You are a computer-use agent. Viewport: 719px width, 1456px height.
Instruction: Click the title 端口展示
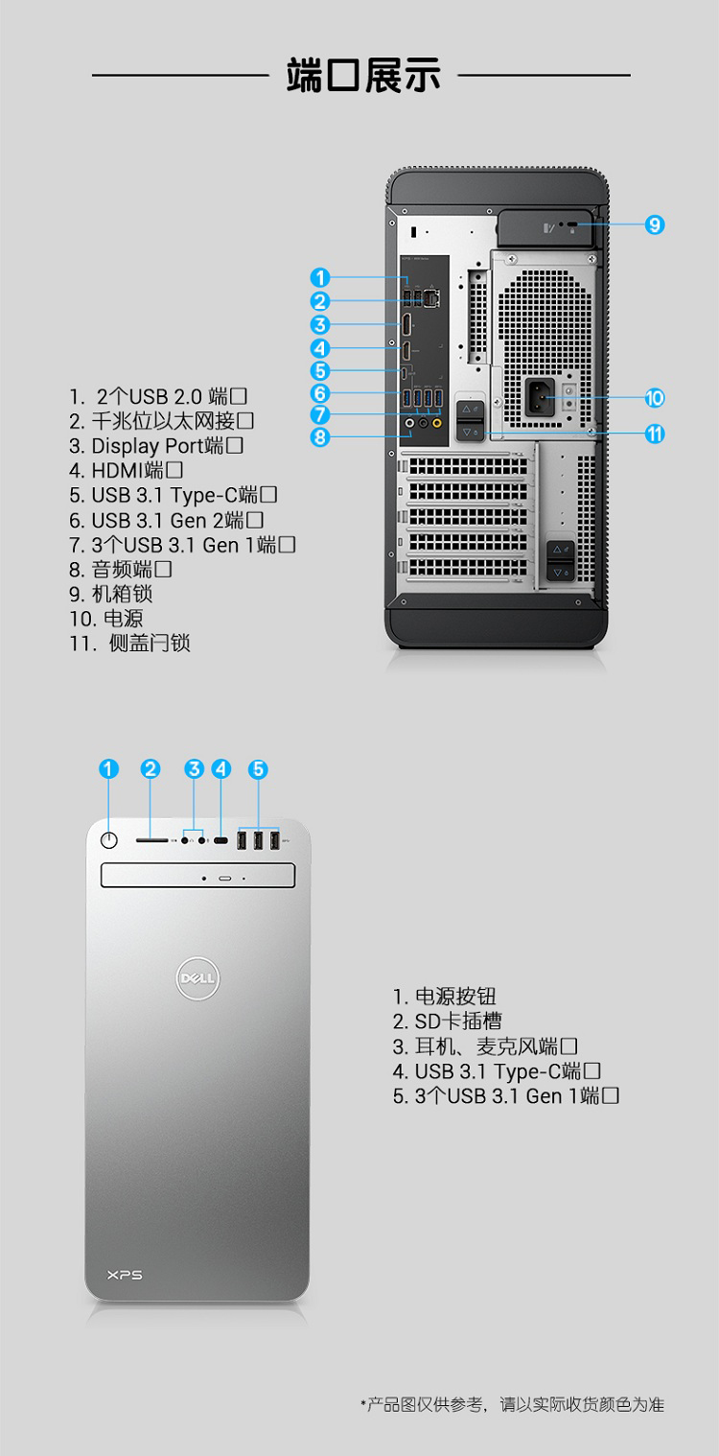pyautogui.click(x=363, y=76)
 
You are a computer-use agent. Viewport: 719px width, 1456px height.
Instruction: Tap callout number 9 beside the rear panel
pyautogui.click(x=655, y=224)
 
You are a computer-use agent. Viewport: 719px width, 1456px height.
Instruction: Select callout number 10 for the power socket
pyautogui.click(x=655, y=398)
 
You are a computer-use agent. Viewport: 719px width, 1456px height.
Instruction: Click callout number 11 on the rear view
pyautogui.click(x=655, y=434)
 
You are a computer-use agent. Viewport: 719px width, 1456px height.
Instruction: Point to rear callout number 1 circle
pyautogui.click(x=319, y=277)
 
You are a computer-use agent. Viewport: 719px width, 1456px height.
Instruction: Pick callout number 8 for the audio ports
pyautogui.click(x=319, y=436)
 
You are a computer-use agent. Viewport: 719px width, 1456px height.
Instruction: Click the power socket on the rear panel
pyautogui.click(x=540, y=396)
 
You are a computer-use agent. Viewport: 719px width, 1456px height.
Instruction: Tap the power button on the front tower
pyautogui.click(x=109, y=840)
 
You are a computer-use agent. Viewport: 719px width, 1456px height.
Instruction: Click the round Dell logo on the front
pyautogui.click(x=198, y=978)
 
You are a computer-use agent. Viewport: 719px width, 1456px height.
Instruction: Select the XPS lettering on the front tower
pyautogui.click(x=125, y=1276)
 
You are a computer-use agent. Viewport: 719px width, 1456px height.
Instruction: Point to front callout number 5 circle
pyautogui.click(x=258, y=769)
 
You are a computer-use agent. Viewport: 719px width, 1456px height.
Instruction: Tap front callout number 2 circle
pyautogui.click(x=151, y=769)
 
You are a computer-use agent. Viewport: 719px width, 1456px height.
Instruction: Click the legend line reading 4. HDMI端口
pyautogui.click(x=126, y=470)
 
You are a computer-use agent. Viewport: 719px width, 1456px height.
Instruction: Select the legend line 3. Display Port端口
pyautogui.click(x=156, y=446)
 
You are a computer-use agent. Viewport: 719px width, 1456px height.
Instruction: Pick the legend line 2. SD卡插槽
pyautogui.click(x=448, y=1022)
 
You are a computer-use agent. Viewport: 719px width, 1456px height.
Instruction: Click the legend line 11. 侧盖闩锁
pyautogui.click(x=130, y=644)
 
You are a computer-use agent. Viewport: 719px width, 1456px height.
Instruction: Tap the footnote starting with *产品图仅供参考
pyautogui.click(x=513, y=1404)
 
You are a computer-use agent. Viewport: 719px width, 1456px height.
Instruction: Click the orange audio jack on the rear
pyautogui.click(x=437, y=423)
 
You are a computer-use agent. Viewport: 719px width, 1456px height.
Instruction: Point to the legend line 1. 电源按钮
pyautogui.click(x=444, y=997)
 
